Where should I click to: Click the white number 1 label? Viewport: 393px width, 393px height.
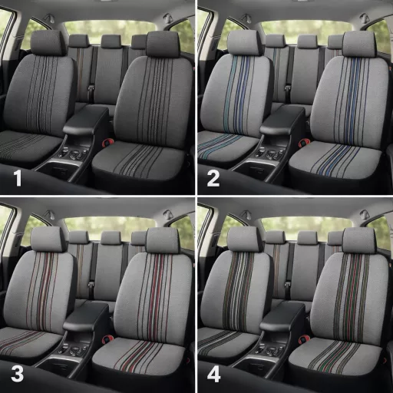[x=18, y=178]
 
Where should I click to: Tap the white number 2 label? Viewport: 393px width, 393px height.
[x=213, y=178]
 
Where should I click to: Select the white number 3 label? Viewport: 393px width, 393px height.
[x=18, y=375]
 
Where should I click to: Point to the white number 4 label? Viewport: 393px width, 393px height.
[x=213, y=375]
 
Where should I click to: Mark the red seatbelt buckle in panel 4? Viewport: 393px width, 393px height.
[x=302, y=340]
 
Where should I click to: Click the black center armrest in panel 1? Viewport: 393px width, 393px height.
[x=87, y=121]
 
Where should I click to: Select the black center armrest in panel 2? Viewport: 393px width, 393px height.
[x=283, y=121]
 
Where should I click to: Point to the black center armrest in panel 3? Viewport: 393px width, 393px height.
[x=87, y=317]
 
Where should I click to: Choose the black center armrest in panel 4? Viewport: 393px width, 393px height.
[x=283, y=317]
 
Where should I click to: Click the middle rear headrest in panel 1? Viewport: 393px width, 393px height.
[x=111, y=41]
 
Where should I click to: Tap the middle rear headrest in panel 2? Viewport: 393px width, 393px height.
[x=307, y=41]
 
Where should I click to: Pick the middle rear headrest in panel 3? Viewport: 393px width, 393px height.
[x=111, y=238]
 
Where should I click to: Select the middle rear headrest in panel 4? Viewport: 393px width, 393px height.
[x=307, y=238]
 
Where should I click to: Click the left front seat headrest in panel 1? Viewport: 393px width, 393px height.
[x=48, y=43]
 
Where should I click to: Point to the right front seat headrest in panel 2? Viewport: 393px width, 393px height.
[x=359, y=44]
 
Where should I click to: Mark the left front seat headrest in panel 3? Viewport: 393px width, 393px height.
[x=48, y=239]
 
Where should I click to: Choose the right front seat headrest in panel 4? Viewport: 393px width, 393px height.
[x=359, y=240]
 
